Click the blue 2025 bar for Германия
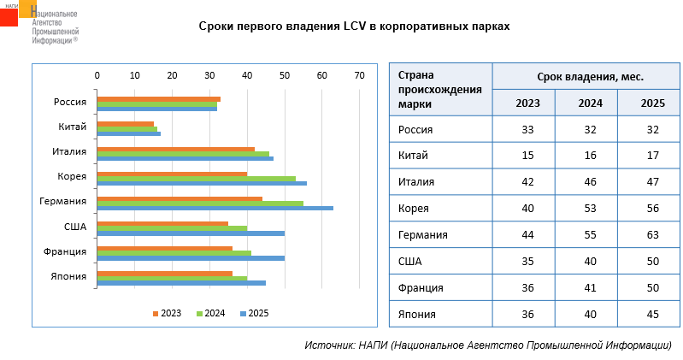coord(214,208)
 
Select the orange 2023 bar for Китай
coord(125,124)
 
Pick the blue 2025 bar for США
coord(190,233)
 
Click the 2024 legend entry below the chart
coord(210,313)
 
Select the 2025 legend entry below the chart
coord(254,313)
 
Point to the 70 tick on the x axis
coord(360,75)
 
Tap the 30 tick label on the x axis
coord(209,75)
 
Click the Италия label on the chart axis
coord(69,152)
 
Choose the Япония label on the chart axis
coord(68,276)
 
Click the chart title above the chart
coord(354,27)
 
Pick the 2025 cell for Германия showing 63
coord(653,234)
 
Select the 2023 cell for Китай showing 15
coord(527,156)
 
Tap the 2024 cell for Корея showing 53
coord(590,208)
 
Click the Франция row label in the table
coord(421,287)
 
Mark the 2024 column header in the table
coord(590,103)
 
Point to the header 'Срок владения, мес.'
coord(590,77)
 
